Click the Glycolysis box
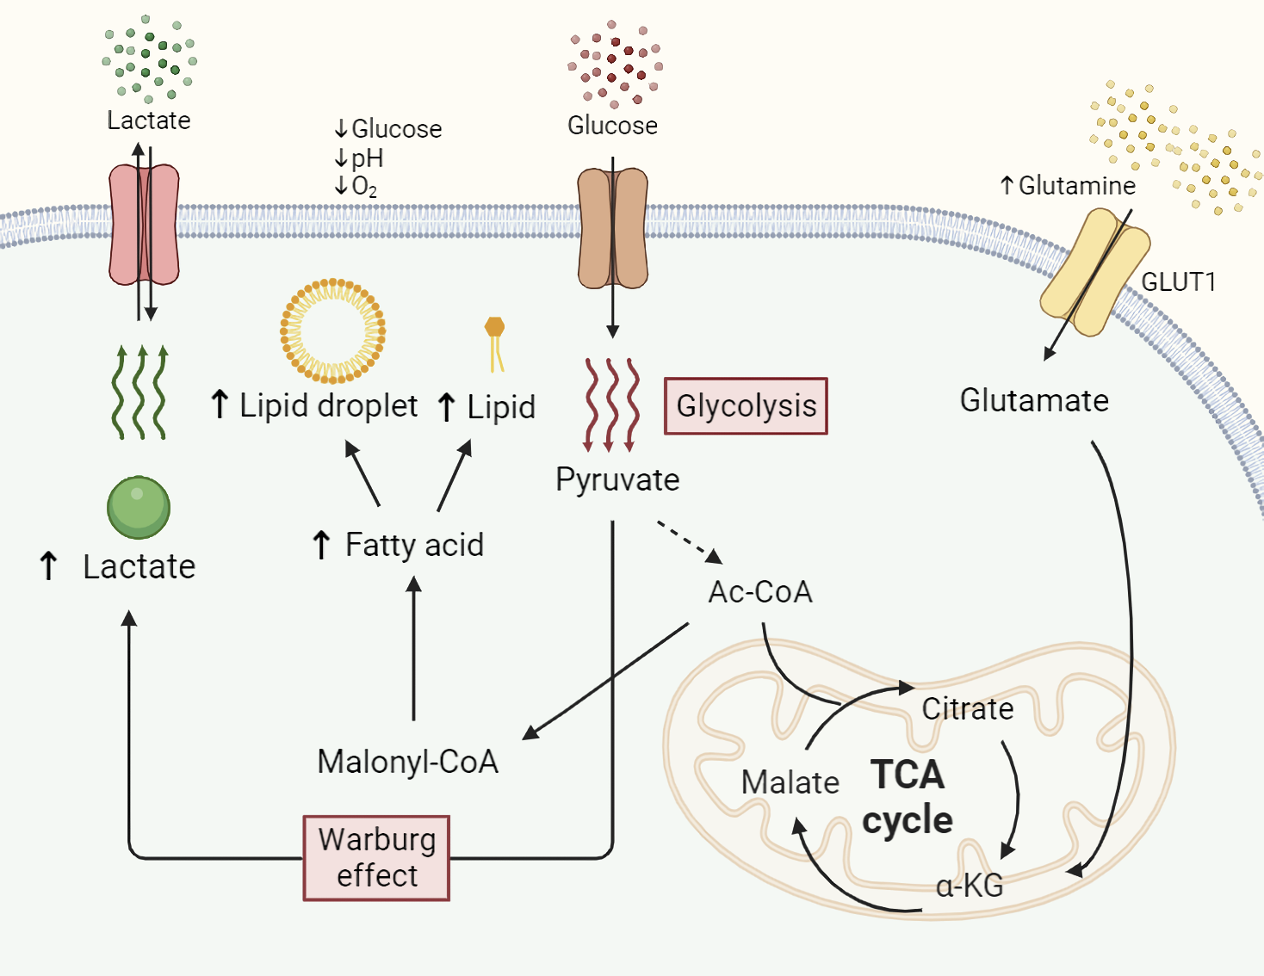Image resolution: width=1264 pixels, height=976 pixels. point(746,405)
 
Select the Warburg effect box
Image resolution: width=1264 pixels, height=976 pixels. point(376,857)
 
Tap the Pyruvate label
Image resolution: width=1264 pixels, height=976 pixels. point(617,479)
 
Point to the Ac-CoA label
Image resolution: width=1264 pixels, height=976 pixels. point(760,592)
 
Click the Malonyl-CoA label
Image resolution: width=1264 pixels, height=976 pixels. point(407,762)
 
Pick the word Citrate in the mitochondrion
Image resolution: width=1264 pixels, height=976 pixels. point(968,708)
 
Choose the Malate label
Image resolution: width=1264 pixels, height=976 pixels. point(790,782)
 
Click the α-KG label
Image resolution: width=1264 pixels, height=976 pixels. point(970,886)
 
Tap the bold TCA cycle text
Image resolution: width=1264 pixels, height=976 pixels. point(908,797)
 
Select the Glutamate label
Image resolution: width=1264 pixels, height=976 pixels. point(1034,400)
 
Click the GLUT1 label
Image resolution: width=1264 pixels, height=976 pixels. point(1178,282)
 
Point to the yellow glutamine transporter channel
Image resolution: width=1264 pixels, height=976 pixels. point(1094,271)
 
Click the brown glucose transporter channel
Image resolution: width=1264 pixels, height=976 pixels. point(612,228)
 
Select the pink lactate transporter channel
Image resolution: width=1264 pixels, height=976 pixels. point(144,225)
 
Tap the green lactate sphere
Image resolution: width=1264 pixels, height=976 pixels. point(139,508)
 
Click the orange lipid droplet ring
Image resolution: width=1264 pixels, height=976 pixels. point(332,330)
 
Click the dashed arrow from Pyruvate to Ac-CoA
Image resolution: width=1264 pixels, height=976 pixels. point(689,541)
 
